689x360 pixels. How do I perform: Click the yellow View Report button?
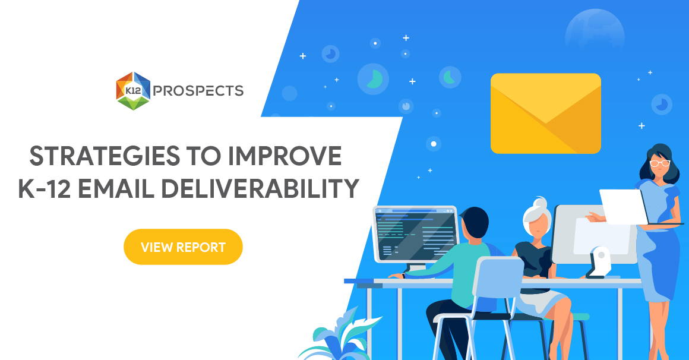(x=183, y=247)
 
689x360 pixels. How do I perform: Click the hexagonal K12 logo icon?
(x=133, y=91)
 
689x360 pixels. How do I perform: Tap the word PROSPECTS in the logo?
(x=198, y=91)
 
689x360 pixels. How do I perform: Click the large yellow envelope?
(x=545, y=113)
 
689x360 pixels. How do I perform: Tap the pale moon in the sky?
(x=594, y=30)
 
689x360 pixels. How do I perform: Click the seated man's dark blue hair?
(x=476, y=220)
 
